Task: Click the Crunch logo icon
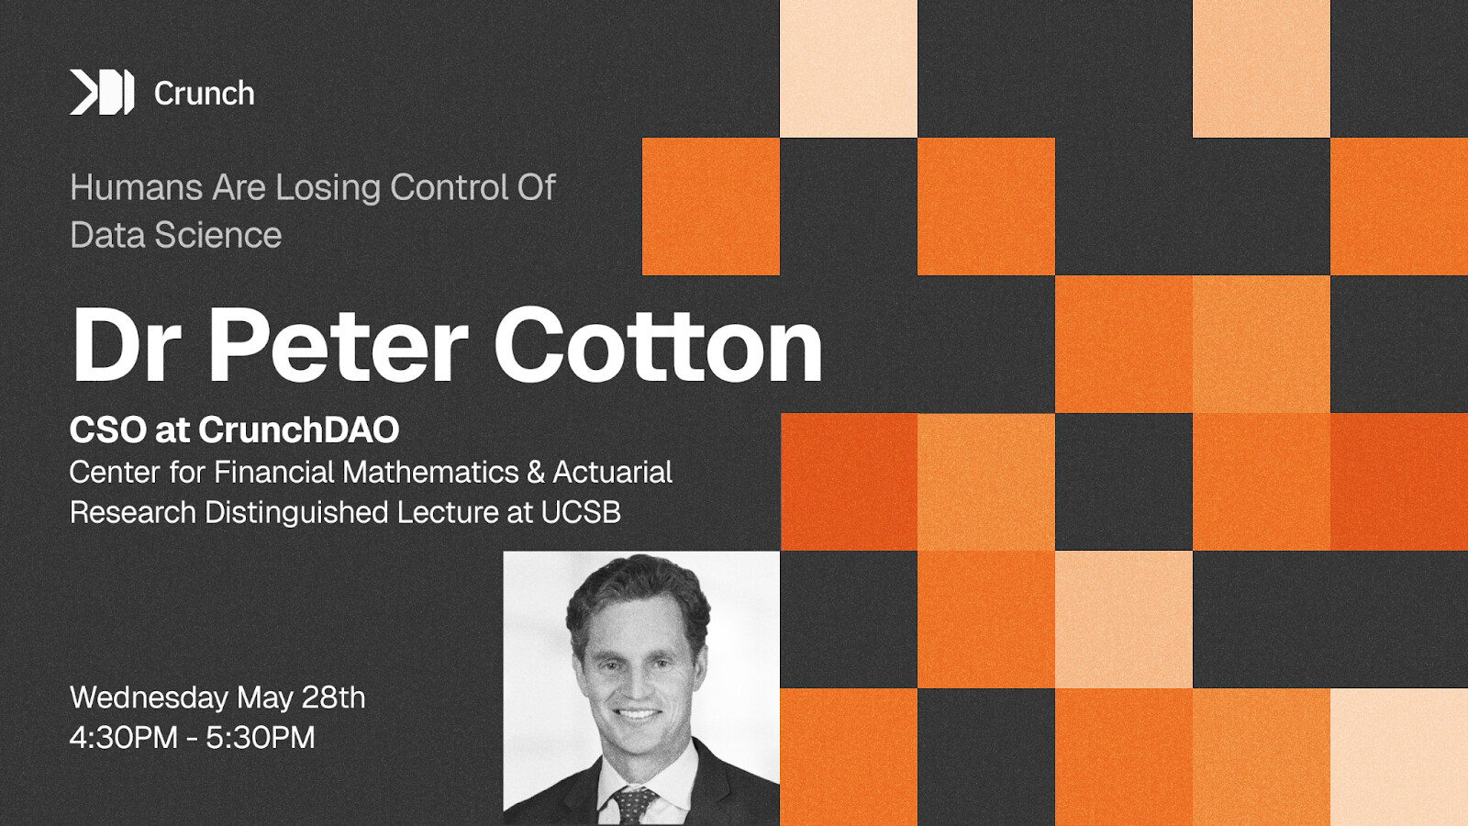(102, 93)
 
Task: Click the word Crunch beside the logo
(204, 94)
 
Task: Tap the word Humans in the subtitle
(136, 187)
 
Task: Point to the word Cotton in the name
(658, 346)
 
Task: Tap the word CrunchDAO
(299, 430)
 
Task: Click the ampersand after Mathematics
(536, 472)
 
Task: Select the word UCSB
(582, 513)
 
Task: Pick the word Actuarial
(613, 472)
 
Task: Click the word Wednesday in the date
(149, 698)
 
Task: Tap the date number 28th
(333, 698)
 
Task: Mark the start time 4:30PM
(124, 738)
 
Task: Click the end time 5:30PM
(261, 738)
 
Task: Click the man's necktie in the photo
(632, 807)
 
